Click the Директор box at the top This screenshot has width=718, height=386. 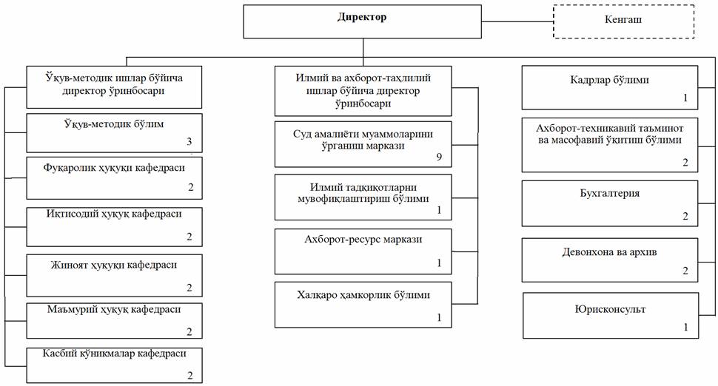[362, 21]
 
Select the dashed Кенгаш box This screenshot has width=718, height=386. [624, 21]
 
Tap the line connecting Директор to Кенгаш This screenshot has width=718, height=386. [517, 21]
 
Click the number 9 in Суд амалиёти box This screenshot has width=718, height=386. [439, 157]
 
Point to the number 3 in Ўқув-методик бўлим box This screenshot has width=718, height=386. [189, 141]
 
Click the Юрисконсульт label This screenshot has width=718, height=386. [611, 309]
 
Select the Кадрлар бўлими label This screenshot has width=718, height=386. [609, 80]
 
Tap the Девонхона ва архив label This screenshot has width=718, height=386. [609, 252]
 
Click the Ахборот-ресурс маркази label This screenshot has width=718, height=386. [363, 239]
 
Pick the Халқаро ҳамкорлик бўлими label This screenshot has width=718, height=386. [363, 295]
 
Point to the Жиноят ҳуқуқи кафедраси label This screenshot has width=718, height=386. [113, 265]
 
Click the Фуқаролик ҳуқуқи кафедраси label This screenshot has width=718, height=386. [114, 168]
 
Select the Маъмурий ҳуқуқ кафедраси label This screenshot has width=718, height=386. [114, 310]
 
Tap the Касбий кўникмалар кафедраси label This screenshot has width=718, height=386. [115, 353]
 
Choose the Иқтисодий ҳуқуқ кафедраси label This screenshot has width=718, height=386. [114, 214]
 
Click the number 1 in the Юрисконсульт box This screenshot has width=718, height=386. [685, 327]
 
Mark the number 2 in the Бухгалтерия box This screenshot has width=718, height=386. [685, 216]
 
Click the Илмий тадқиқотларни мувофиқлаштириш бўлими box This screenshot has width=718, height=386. [363, 197]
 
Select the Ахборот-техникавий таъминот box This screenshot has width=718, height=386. [610, 145]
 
